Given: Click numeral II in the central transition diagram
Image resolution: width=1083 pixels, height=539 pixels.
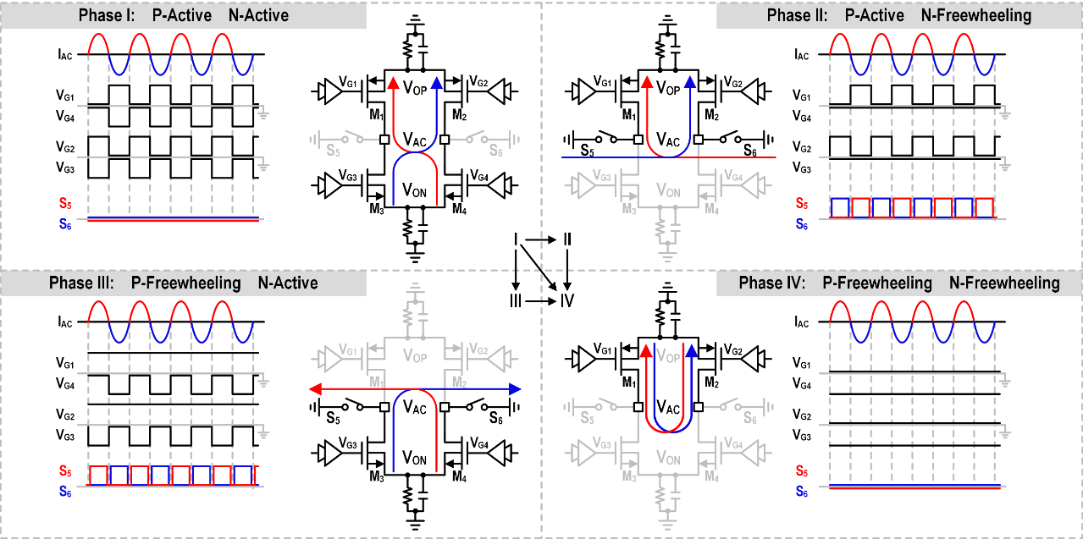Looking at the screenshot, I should point(567,241).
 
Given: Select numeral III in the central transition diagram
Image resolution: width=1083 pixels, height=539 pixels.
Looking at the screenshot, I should point(516,300).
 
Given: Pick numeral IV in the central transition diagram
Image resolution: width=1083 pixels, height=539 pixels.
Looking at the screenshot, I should point(566,300).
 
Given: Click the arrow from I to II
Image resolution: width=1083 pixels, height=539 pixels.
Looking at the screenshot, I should point(541,241).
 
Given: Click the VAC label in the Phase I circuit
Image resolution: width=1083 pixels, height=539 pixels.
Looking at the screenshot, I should point(415,139).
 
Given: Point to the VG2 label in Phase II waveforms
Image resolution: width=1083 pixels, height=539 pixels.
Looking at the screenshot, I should point(799,149).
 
